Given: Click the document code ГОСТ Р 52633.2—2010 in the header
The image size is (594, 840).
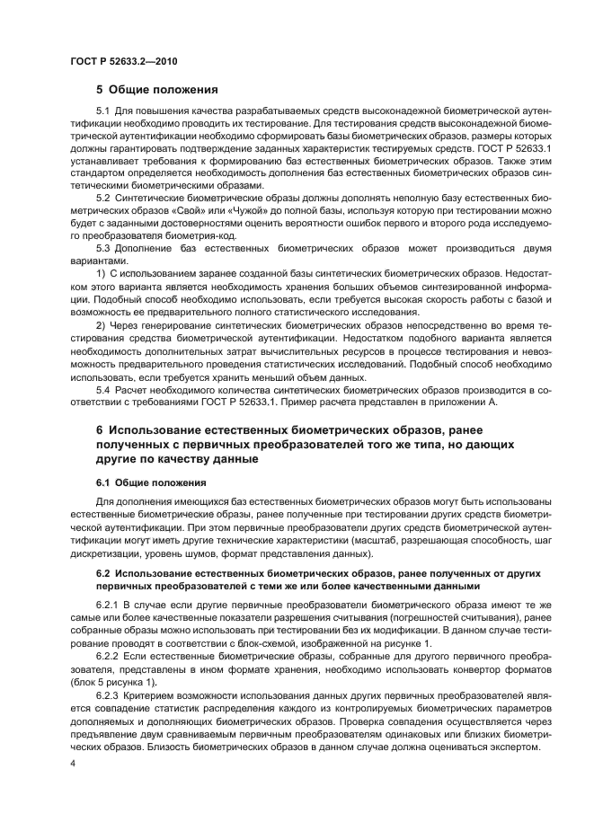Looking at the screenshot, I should pyautogui.click(x=112, y=59).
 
